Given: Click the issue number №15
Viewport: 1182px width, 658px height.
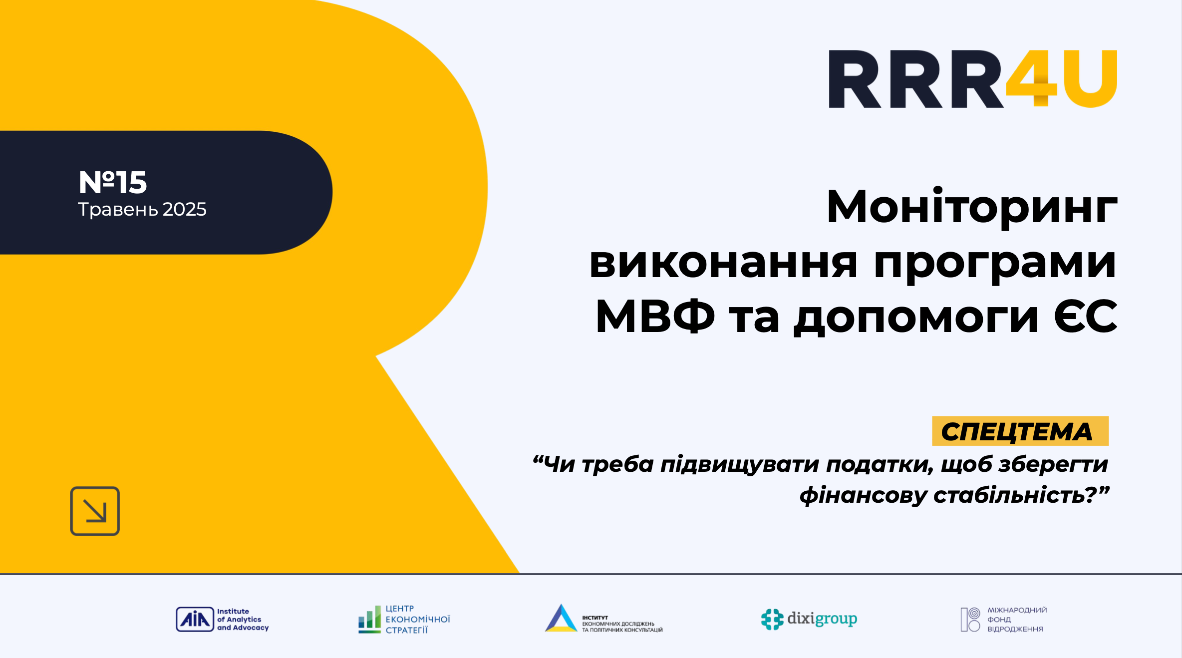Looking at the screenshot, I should coord(113,182).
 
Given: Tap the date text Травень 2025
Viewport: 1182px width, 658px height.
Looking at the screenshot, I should coord(142,209).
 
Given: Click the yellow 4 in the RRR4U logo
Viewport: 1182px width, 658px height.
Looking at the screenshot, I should coord(1031,78).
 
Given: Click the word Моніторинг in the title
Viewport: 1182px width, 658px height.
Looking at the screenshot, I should coord(971,207).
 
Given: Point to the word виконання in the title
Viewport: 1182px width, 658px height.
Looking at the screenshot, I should coord(723,263).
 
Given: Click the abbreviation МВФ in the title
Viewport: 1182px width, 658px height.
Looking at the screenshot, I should coord(655,317).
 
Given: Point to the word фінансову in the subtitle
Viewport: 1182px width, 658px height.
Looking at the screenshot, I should coord(863,495).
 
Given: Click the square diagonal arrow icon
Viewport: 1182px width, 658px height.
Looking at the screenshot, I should coord(95,511).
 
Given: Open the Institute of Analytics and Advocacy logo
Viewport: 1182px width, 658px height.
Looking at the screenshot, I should coord(222,620).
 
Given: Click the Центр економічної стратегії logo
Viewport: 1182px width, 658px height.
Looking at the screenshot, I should coord(404,620).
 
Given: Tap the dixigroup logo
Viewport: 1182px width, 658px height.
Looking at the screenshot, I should coord(809,619).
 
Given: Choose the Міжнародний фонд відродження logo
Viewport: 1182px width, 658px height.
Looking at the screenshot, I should coord(1003,620).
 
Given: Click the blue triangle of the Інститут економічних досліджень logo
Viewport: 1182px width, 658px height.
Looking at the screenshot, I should coord(561,618).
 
